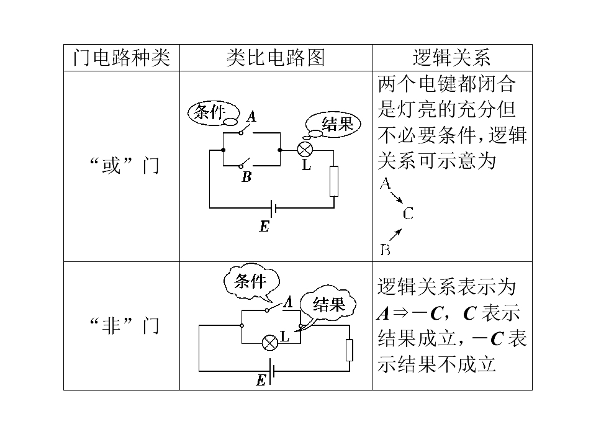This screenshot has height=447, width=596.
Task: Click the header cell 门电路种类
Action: click(121, 58)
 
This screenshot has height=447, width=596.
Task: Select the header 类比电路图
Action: click(276, 58)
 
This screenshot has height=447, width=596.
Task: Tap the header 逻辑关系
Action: click(451, 58)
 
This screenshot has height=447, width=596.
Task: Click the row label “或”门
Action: click(124, 166)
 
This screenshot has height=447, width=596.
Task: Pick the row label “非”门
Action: click(124, 326)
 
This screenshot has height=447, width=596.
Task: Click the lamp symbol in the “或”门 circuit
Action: click(305, 150)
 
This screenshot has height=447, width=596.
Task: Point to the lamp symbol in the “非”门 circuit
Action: click(270, 343)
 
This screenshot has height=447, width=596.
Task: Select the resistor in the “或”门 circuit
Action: click(334, 181)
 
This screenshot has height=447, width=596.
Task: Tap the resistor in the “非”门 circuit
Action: click(350, 350)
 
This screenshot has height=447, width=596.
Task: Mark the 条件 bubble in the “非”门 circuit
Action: click(251, 282)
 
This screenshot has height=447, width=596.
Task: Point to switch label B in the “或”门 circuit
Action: click(246, 177)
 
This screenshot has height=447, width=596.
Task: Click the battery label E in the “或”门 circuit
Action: click(264, 227)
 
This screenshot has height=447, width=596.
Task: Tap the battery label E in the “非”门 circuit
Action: click(261, 380)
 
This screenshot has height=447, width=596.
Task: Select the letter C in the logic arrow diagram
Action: click(408, 214)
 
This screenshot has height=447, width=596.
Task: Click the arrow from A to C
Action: click(397, 197)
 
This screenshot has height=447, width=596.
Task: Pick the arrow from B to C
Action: click(395, 235)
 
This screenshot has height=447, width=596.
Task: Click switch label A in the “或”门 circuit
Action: click(251, 116)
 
